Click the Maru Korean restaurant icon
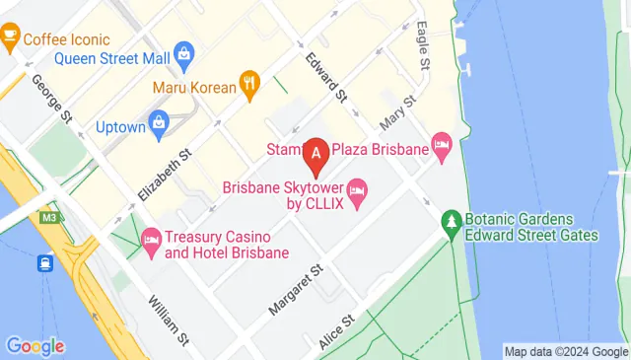point(250,86)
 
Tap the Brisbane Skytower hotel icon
point(357,187)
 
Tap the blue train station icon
point(45,263)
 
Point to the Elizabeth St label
point(165,176)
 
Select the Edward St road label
point(326,78)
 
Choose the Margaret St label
point(296,289)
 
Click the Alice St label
point(336,331)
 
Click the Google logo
point(35,346)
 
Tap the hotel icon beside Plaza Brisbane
point(443,149)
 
